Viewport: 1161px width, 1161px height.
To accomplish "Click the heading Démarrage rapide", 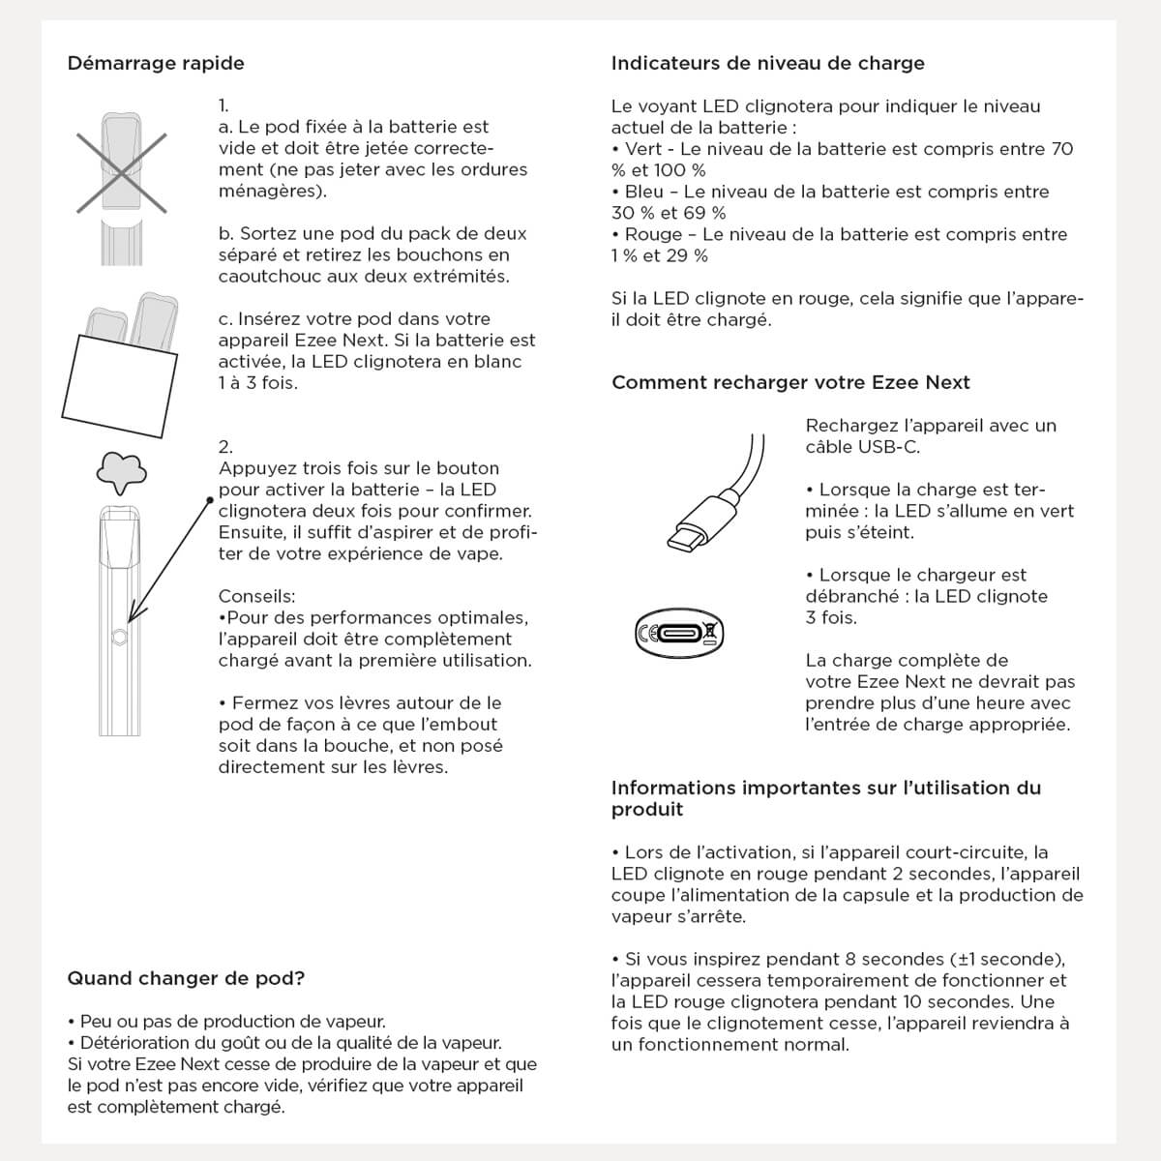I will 156,64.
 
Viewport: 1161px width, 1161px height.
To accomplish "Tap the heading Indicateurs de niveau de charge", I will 767,64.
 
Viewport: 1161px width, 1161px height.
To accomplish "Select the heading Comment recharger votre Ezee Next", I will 790,382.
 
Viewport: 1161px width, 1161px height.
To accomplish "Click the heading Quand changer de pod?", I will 186,978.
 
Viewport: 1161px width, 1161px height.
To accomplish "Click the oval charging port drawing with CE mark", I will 679,634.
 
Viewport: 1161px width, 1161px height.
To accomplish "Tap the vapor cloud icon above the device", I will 121,470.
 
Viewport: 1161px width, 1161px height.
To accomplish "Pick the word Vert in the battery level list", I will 643,149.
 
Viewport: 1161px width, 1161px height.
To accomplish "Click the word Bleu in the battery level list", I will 644,192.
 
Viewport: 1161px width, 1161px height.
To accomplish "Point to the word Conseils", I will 256,596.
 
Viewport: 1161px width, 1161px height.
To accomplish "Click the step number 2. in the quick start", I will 225,447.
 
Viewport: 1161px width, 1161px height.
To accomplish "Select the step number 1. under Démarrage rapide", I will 223,105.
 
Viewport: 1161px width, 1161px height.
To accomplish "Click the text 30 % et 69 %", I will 669,213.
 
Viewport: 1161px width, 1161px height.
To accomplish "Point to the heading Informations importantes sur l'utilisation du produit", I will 825,798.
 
